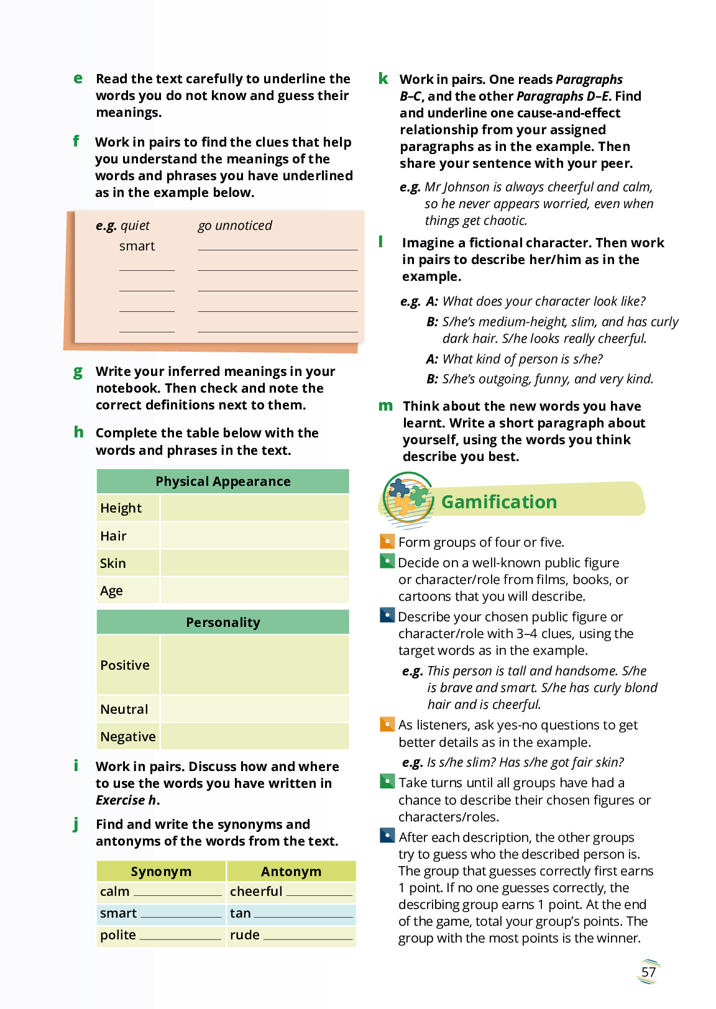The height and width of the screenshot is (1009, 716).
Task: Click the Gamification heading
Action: tap(498, 502)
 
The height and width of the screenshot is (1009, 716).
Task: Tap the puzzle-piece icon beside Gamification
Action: tap(408, 498)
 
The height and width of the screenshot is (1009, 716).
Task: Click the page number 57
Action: tap(648, 972)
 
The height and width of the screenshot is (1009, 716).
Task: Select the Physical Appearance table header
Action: tap(223, 482)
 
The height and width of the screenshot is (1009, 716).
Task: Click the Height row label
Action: tap(121, 508)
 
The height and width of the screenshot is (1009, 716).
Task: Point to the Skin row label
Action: tap(113, 564)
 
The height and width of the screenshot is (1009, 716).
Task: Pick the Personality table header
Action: tap(223, 623)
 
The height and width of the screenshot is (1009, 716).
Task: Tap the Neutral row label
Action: tap(124, 710)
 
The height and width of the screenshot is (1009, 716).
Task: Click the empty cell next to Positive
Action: tap(254, 665)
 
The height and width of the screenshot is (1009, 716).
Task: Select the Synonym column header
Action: tap(161, 872)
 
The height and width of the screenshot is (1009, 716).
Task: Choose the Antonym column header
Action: tap(291, 872)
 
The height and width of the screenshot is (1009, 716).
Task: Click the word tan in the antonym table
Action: tap(241, 913)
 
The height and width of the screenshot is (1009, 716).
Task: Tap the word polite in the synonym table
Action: tap(118, 935)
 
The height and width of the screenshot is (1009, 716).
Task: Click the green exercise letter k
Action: tap(383, 79)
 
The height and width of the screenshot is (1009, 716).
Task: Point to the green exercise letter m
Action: tap(385, 406)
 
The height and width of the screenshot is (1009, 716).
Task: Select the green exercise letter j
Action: tap(76, 824)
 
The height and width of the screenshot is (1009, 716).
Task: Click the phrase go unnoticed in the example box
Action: tap(235, 226)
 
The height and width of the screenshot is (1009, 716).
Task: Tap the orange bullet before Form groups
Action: tap(387, 541)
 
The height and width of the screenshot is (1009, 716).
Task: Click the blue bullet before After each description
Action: tap(387, 836)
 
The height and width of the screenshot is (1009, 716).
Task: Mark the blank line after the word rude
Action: tap(308, 938)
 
